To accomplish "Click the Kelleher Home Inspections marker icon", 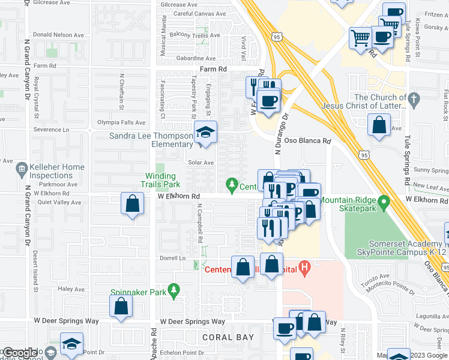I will (22, 167).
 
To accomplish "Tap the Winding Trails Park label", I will (159, 180).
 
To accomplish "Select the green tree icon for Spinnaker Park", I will (174, 290).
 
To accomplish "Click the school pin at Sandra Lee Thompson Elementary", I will (205, 132).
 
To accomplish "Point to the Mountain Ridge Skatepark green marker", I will (385, 200).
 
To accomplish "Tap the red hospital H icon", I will (305, 265).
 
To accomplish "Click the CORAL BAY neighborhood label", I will (228, 337).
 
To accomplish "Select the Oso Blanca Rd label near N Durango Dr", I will (307, 142).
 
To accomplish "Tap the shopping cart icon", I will (360, 37).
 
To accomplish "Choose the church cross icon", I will (413, 97).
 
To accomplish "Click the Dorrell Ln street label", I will (173, 258).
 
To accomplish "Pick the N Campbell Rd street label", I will (199, 223).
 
